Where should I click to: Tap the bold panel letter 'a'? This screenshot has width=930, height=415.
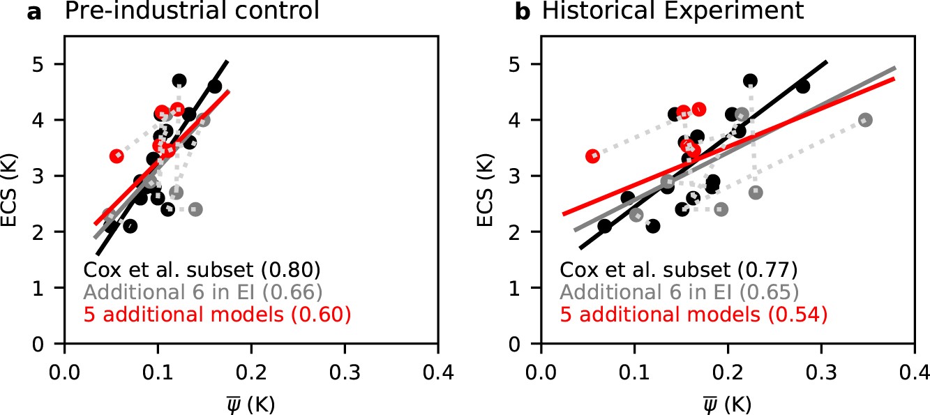click(33, 13)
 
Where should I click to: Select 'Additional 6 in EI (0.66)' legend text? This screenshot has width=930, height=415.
click(202, 292)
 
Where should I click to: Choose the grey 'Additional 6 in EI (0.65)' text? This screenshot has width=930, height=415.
click(678, 292)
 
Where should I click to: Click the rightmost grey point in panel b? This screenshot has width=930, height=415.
click(865, 120)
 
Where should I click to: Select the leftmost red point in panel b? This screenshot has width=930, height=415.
click(593, 156)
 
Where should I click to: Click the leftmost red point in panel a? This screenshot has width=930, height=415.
click(117, 156)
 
